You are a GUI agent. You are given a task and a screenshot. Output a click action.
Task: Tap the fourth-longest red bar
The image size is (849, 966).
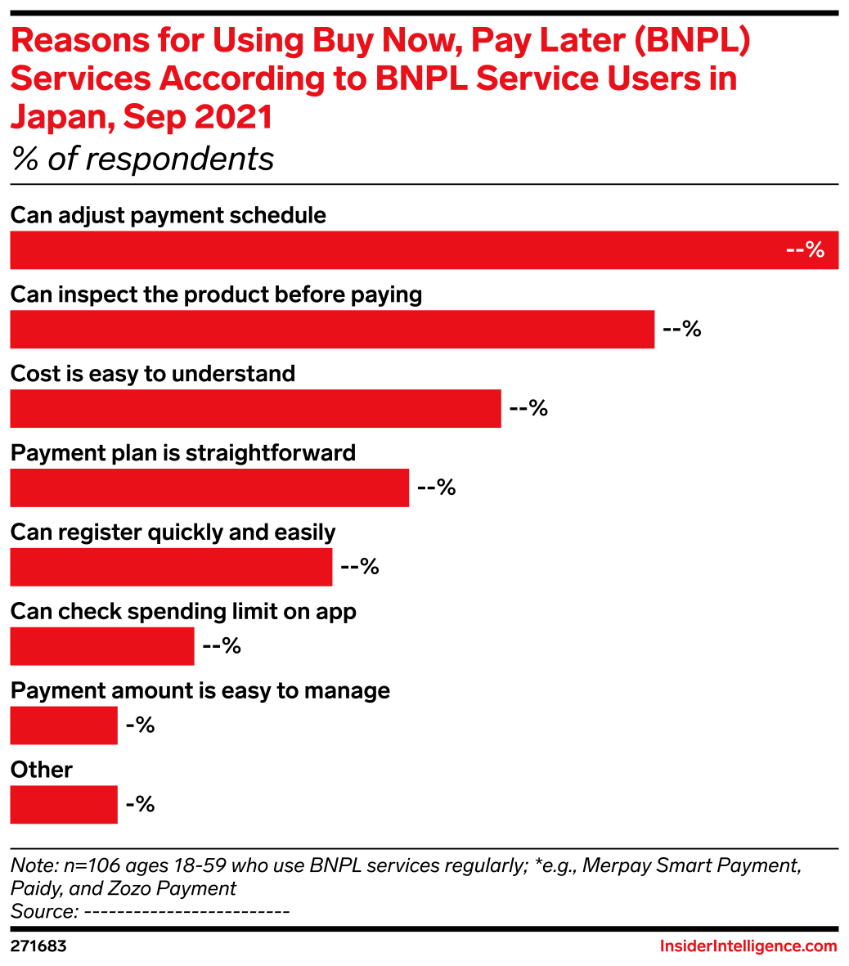pyautogui.click(x=209, y=488)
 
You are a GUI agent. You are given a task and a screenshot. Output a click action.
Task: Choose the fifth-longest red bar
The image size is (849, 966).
pyautogui.click(x=171, y=568)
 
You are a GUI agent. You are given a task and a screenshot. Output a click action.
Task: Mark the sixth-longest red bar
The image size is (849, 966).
pyautogui.click(x=102, y=646)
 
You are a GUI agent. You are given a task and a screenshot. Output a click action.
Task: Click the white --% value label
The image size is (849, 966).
pyautogui.click(x=805, y=250)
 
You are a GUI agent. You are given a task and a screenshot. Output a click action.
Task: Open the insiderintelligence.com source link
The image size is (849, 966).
pyautogui.click(x=748, y=946)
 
